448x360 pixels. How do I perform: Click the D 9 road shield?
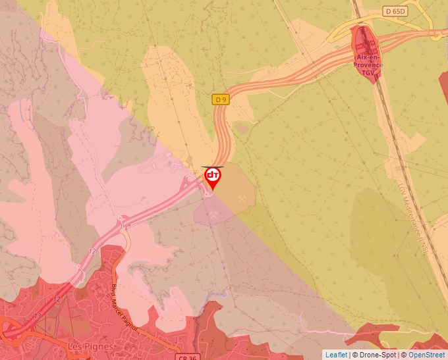221,99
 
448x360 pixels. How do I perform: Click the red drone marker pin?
212,178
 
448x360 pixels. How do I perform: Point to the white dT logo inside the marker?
212,175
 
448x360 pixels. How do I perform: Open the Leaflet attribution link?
336,355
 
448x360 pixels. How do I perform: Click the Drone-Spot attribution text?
378,355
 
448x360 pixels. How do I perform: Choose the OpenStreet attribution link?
427,355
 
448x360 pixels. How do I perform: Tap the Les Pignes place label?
91,346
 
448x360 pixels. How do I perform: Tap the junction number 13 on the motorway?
38,316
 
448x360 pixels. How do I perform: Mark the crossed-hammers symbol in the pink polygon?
214,214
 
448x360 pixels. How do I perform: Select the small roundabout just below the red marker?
209,193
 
